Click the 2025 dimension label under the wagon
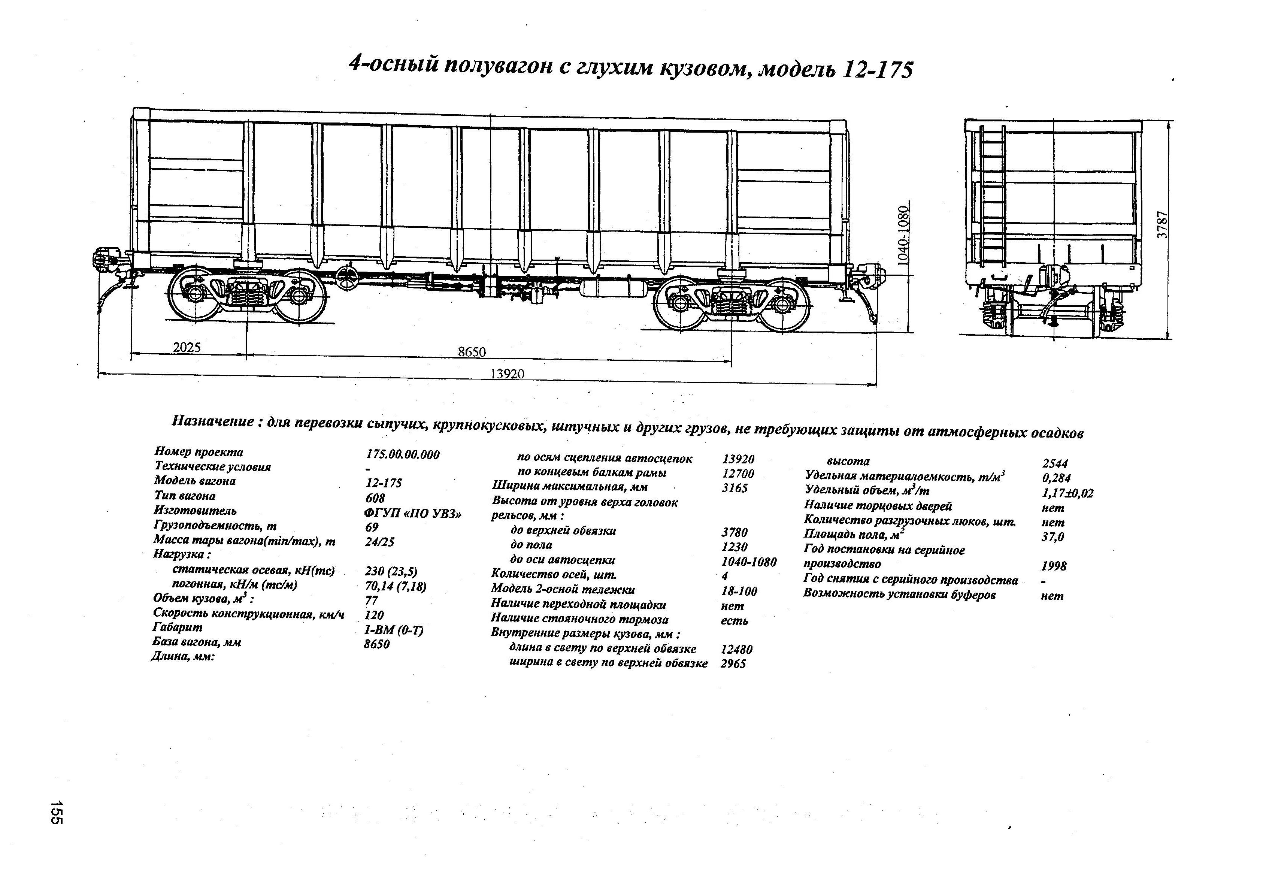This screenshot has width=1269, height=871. (x=187, y=347)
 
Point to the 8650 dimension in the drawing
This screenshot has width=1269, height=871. (x=472, y=352)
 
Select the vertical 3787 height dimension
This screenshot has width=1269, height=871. (x=1163, y=224)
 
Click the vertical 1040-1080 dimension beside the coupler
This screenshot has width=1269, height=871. (x=903, y=235)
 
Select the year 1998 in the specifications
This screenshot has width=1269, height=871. (x=1053, y=566)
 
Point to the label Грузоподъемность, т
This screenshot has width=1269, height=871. (x=215, y=525)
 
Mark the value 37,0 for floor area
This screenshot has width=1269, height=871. (x=1053, y=537)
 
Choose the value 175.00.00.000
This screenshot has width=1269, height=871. (x=402, y=454)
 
